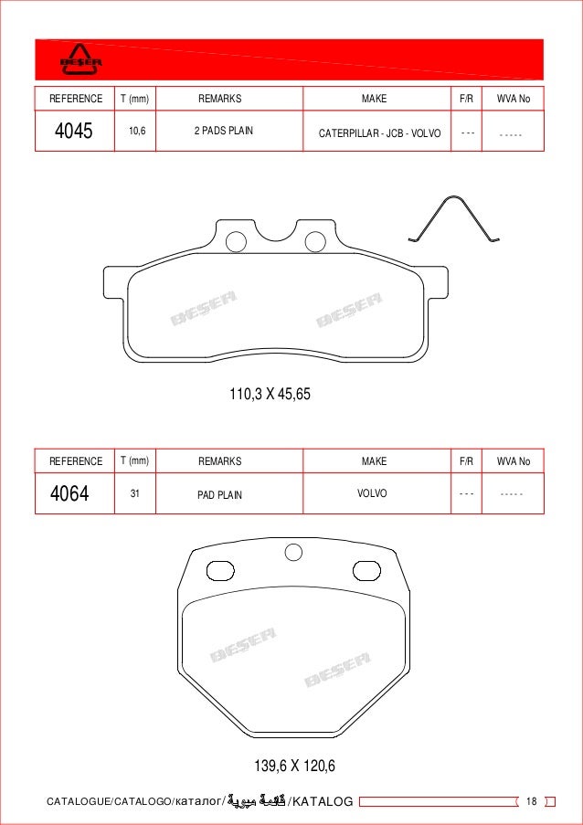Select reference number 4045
pyautogui.click(x=74, y=132)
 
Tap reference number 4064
pyautogui.click(x=69, y=494)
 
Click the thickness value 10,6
pyautogui.click(x=138, y=132)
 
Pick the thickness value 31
pyautogui.click(x=135, y=493)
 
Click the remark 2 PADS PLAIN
pyautogui.click(x=224, y=132)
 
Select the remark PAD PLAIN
pyautogui.click(x=220, y=495)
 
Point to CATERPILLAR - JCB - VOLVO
pyautogui.click(x=379, y=133)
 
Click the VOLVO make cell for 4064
pyautogui.click(x=373, y=493)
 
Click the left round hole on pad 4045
pyautogui.click(x=235, y=242)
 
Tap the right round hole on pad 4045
pyautogui.click(x=315, y=242)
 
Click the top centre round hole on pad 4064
pyautogui.click(x=293, y=551)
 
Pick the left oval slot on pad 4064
pyautogui.click(x=222, y=571)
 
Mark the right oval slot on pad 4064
pyautogui.click(x=366, y=571)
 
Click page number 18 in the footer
pyautogui.click(x=532, y=801)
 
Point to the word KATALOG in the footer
pyautogui.click(x=321, y=802)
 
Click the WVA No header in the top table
pyautogui.click(x=513, y=99)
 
